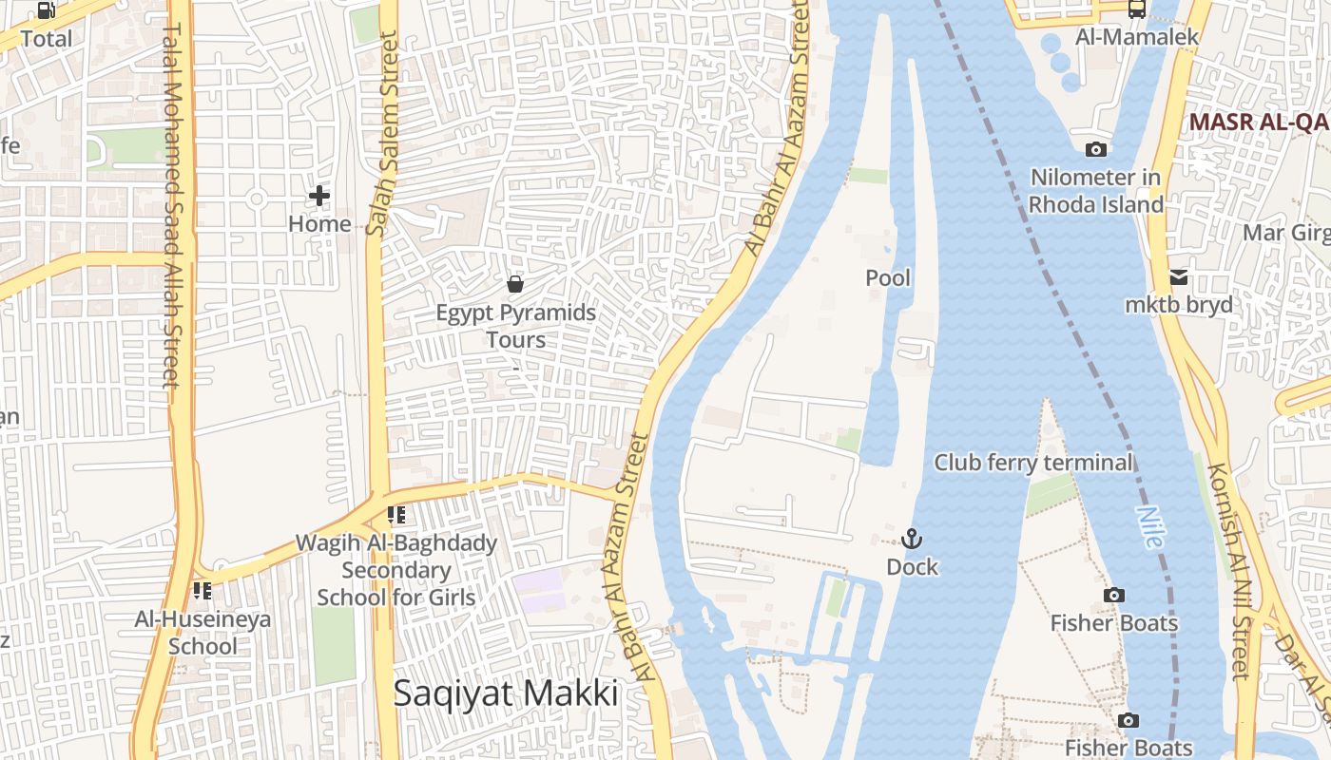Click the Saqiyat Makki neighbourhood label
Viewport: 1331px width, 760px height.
click(506, 693)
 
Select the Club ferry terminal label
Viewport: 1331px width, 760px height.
click(1033, 463)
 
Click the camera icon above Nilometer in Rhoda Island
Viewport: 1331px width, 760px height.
click(1096, 149)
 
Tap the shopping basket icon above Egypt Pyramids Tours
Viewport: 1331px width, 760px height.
click(515, 284)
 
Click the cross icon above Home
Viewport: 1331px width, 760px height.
click(319, 196)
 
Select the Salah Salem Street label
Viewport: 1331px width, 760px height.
click(382, 134)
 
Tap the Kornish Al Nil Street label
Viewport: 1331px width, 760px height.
click(1228, 570)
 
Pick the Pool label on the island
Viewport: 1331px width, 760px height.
click(888, 278)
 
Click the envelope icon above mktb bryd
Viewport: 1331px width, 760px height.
click(1179, 277)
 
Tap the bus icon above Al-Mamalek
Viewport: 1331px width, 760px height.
click(1136, 9)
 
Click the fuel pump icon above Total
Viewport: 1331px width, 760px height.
click(46, 10)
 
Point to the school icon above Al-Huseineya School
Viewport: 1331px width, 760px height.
click(203, 591)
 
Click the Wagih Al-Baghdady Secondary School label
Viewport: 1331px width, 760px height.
click(395, 570)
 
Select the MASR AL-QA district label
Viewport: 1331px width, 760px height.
click(1258, 123)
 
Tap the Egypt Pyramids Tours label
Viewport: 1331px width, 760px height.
click(516, 326)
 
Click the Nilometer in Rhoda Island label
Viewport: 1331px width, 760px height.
click(1096, 191)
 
